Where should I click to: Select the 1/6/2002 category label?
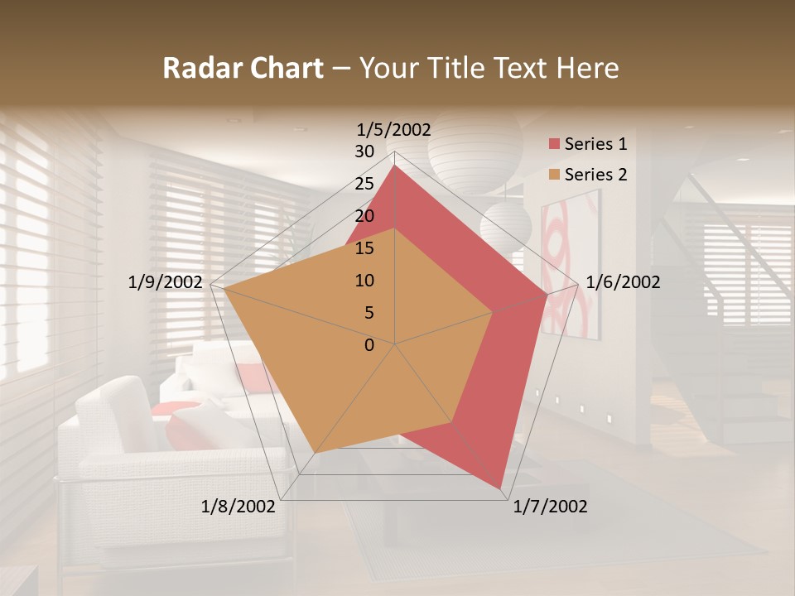tap(623, 282)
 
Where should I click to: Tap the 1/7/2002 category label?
tap(550, 507)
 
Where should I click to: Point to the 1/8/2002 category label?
tap(238, 507)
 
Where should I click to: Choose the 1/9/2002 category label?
tap(166, 282)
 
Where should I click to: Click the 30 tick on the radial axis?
tap(364, 151)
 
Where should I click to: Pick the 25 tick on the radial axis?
tap(364, 184)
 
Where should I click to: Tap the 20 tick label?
tap(364, 216)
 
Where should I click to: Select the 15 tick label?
tap(364, 248)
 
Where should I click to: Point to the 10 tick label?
tap(364, 281)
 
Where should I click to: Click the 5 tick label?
tap(369, 313)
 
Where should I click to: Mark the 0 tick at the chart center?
tap(369, 345)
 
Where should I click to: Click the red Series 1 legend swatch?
tap(553, 145)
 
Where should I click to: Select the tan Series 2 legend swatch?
tap(553, 175)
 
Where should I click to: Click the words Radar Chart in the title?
tap(243, 68)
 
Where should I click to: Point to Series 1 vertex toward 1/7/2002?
tap(501, 488)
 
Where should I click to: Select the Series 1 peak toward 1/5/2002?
tap(395, 166)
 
